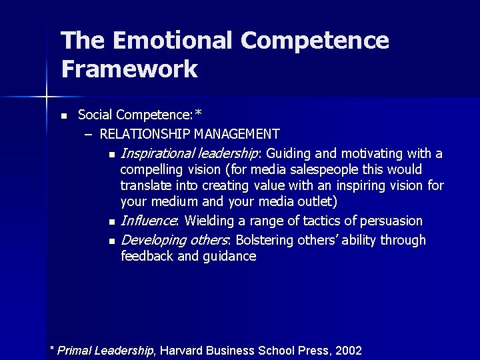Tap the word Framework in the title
coord(129,69)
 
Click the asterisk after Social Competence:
coord(198,113)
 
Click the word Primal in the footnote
coord(75,350)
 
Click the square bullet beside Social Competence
coord(63,116)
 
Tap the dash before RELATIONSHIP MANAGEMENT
coord(89,134)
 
